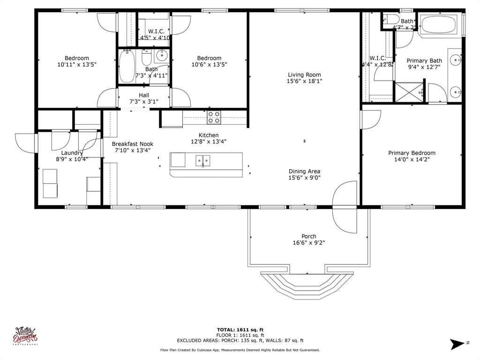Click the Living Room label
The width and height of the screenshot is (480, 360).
[x=304, y=75]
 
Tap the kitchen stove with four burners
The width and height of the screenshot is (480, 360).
[x=214, y=117]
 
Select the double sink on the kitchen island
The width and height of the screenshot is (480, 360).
[x=203, y=160]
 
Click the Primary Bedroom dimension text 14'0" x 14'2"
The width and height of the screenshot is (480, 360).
[x=412, y=159]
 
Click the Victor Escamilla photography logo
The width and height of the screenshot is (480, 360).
[x=26, y=336]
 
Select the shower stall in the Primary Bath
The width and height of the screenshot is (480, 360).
[x=408, y=92]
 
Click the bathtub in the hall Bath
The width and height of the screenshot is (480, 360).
[x=127, y=67]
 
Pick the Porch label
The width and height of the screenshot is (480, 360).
[x=308, y=236]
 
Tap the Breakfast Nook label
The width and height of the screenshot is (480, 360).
[x=132, y=144]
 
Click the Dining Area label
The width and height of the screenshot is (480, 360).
[x=304, y=171]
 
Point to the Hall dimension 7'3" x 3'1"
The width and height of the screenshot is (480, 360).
[x=144, y=102]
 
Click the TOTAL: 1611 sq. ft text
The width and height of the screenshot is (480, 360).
[x=243, y=330]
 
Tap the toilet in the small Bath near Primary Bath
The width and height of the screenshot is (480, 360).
[x=390, y=20]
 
